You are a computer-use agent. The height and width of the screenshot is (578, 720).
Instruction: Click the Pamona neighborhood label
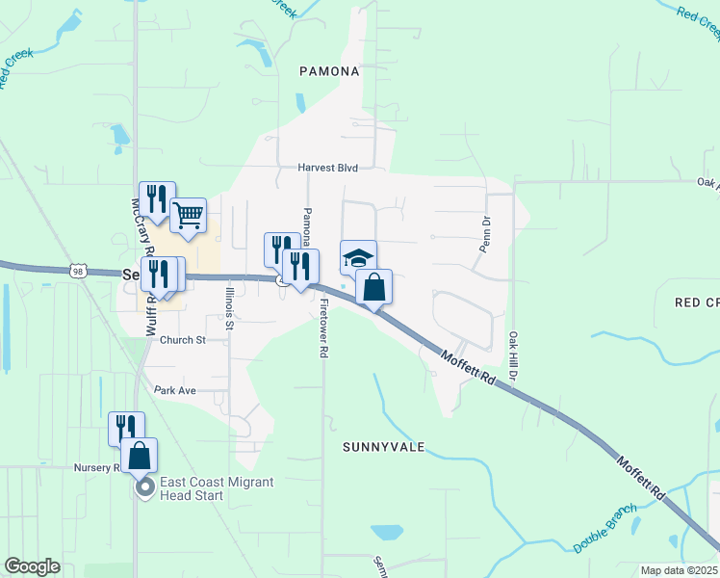pyautogui.click(x=329, y=71)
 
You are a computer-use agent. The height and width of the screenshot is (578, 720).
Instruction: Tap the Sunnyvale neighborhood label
pyautogui.click(x=383, y=448)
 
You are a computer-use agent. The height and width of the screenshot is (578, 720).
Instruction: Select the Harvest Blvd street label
pyautogui.click(x=327, y=168)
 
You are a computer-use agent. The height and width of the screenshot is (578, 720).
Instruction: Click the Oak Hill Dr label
pyautogui.click(x=512, y=354)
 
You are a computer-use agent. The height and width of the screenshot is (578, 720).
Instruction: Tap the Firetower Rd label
pyautogui.click(x=323, y=328)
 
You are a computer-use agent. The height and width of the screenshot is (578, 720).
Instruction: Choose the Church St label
pyautogui.click(x=183, y=340)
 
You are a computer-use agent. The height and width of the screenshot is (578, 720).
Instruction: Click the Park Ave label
pyautogui.click(x=175, y=390)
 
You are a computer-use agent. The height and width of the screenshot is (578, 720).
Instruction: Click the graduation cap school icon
pyautogui.click(x=358, y=258)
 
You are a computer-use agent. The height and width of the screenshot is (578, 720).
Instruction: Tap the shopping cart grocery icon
pyautogui.click(x=189, y=216)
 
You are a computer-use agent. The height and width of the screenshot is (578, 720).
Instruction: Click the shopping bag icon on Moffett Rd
pyautogui.click(x=373, y=287)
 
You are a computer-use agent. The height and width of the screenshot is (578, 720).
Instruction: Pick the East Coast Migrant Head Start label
pyautogui.click(x=218, y=488)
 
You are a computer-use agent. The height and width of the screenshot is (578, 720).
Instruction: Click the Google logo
pyautogui.click(x=33, y=566)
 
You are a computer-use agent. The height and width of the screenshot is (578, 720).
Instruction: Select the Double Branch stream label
pyautogui.click(x=605, y=529)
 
